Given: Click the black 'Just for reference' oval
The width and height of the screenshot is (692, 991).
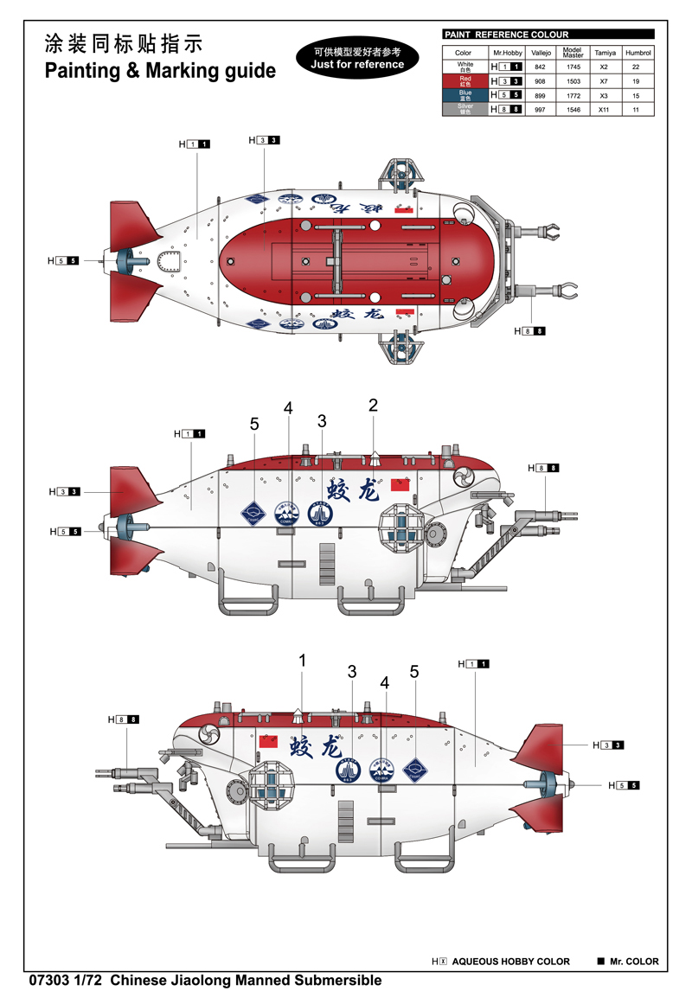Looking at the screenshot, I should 358,58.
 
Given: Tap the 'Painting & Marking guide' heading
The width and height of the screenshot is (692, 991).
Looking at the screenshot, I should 160,71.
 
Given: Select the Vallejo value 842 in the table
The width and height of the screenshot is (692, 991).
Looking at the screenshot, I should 540,67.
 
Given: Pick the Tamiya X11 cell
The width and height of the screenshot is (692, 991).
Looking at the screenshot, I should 605,110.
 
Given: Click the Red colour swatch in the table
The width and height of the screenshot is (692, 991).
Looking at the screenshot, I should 465,80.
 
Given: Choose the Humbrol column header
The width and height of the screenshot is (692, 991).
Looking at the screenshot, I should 638,53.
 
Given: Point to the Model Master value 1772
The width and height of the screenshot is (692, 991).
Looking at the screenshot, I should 572,95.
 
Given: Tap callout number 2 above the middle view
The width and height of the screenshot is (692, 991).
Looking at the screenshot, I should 373,405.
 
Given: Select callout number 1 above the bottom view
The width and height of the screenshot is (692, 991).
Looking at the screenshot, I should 303,661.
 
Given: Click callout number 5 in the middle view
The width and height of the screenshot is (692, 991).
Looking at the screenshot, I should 254,424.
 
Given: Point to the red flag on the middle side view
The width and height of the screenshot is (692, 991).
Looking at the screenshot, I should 400,484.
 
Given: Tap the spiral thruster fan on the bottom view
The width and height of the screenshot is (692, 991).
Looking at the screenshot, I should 208,734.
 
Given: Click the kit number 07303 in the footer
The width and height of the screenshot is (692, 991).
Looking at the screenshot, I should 47,980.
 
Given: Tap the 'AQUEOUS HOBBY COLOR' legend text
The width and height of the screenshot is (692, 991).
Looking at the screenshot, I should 510,962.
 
